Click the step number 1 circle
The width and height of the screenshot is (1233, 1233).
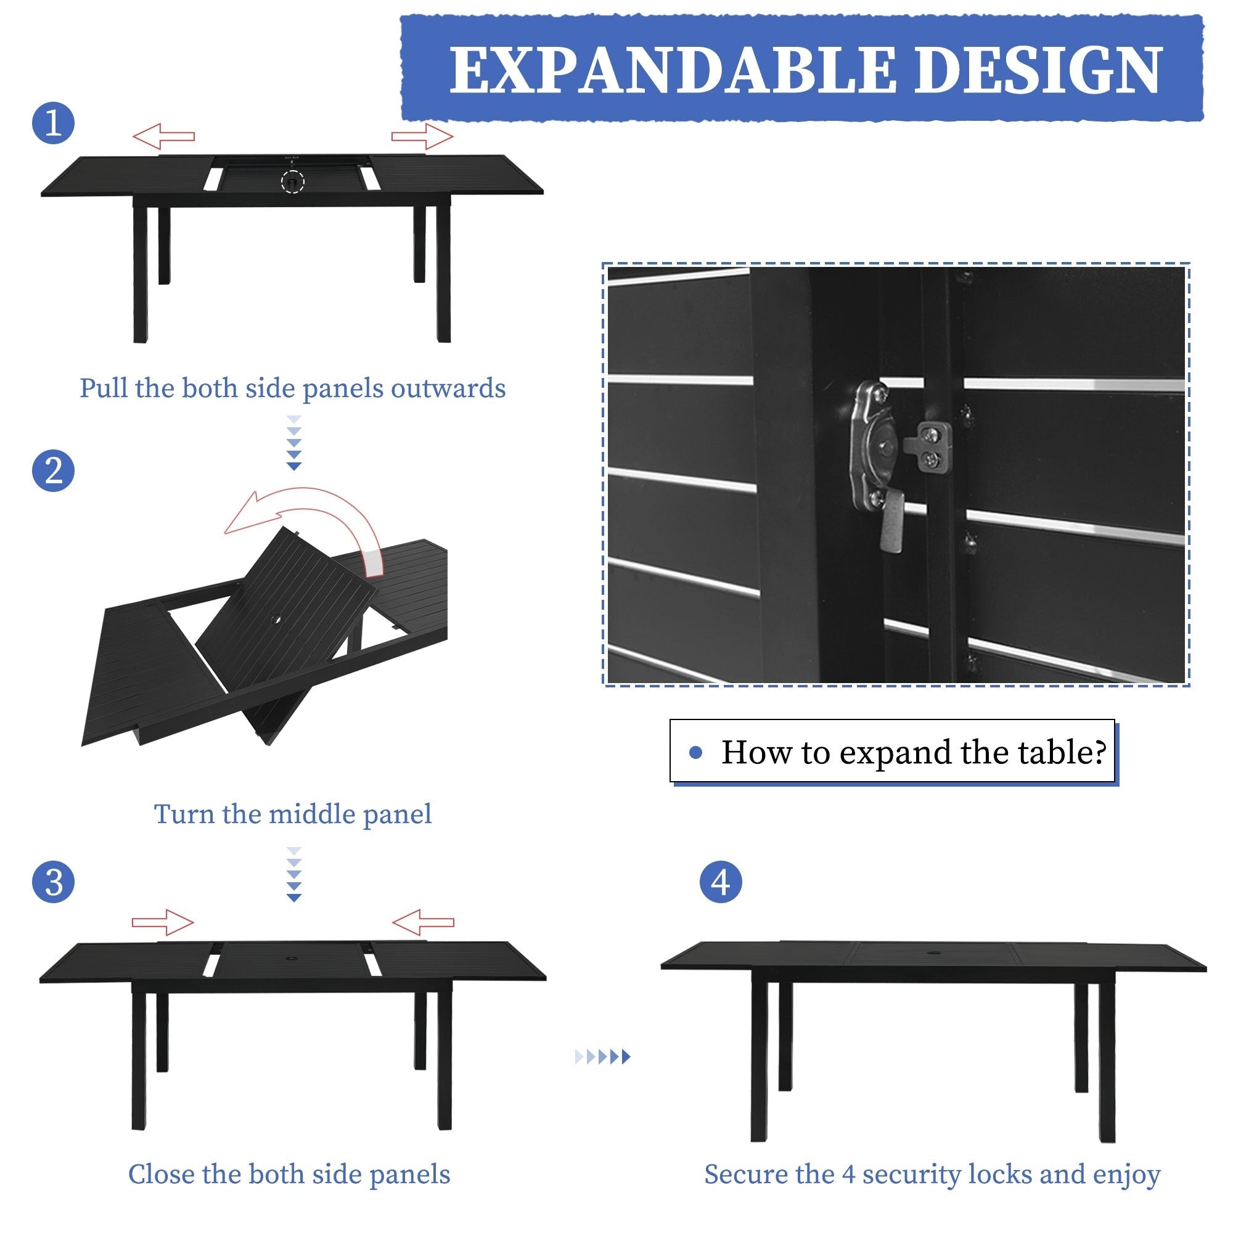[54, 123]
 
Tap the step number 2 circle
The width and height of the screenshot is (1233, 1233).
[54, 471]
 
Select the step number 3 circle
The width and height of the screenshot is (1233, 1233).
[54, 883]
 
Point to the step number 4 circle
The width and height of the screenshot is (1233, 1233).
[721, 883]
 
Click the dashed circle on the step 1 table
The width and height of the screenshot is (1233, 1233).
[293, 182]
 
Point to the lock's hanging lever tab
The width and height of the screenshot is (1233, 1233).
[892, 523]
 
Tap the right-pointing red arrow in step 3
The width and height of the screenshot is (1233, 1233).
[163, 922]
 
